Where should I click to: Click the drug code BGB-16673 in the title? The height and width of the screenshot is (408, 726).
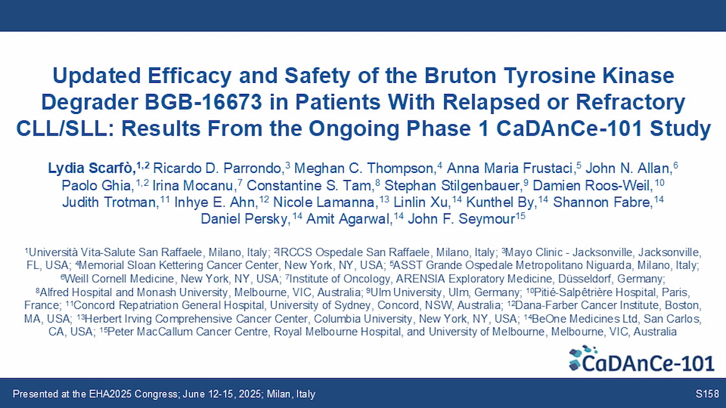pyautogui.click(x=204, y=102)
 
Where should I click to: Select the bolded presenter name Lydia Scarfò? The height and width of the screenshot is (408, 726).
pyautogui.click(x=91, y=168)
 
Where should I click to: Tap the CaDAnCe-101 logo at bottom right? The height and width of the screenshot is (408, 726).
pyautogui.click(x=642, y=359)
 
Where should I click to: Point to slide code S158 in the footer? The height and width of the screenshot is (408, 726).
pyautogui.click(x=707, y=394)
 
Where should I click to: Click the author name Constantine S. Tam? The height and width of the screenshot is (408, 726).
pyautogui.click(x=310, y=185)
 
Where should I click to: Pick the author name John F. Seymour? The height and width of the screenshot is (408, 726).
pyautogui.click(x=461, y=218)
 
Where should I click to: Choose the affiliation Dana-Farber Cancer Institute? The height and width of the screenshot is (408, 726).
pyautogui.click(x=587, y=305)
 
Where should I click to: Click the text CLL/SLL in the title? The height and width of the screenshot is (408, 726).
pyautogui.click(x=62, y=129)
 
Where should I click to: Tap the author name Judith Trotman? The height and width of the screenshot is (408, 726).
pyautogui.click(x=110, y=202)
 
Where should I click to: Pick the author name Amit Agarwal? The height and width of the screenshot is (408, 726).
pyautogui.click(x=349, y=218)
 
